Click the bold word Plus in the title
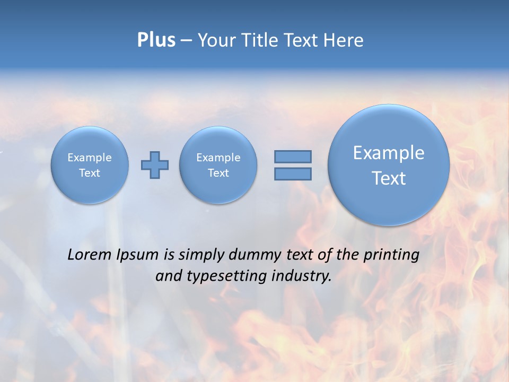pyautogui.click(x=156, y=40)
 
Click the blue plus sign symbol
pyautogui.click(x=155, y=165)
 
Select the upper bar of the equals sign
pyautogui.click(x=293, y=157)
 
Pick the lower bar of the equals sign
pyautogui.click(x=293, y=173)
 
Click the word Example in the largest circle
pyautogui.click(x=389, y=153)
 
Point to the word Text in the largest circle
pyautogui.click(x=389, y=178)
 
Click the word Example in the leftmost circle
pyautogui.click(x=90, y=158)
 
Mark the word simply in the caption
pyautogui.click(x=200, y=255)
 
